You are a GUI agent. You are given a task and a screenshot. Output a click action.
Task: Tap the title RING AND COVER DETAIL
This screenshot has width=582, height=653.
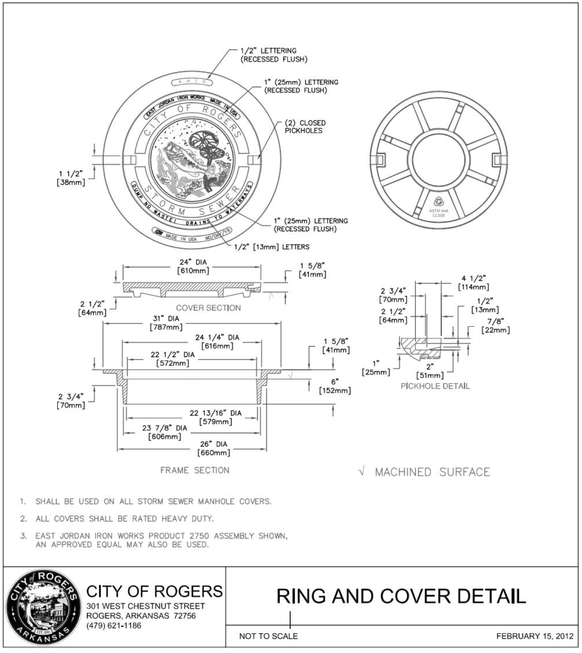[401, 596]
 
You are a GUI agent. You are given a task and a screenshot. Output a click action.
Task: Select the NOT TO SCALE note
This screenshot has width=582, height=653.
[268, 636]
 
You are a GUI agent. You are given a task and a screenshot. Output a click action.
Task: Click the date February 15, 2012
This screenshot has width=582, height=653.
[535, 636]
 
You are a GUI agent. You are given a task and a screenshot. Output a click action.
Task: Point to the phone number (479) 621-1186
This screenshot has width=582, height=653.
[114, 626]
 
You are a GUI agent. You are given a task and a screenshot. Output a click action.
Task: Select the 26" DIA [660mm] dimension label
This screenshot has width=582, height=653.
[214, 448]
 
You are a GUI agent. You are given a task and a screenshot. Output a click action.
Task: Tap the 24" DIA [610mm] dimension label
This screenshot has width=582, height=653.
[193, 266]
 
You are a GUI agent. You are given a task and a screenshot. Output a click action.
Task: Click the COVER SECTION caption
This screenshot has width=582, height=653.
[208, 308]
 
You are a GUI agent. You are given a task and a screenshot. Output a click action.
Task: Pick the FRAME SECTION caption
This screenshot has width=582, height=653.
[195, 470]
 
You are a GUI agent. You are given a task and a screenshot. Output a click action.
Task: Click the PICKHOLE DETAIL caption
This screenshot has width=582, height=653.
[435, 386]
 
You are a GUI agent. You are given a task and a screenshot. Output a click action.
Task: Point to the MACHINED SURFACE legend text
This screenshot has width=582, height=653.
[432, 472]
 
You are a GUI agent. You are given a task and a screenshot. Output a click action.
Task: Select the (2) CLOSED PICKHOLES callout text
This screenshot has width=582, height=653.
[305, 126]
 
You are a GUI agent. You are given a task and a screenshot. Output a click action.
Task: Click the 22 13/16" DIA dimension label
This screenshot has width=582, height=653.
[215, 417]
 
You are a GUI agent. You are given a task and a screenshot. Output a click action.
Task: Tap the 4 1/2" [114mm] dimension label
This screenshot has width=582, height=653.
[473, 283]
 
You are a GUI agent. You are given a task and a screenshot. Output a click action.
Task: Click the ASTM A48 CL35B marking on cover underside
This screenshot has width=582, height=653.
[438, 213]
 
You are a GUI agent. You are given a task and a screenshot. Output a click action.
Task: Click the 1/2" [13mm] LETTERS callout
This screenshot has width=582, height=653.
[272, 247]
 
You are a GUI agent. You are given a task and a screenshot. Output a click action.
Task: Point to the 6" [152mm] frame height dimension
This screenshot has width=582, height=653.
[335, 386]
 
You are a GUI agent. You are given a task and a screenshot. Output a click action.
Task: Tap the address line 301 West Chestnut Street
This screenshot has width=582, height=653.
[145, 606]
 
